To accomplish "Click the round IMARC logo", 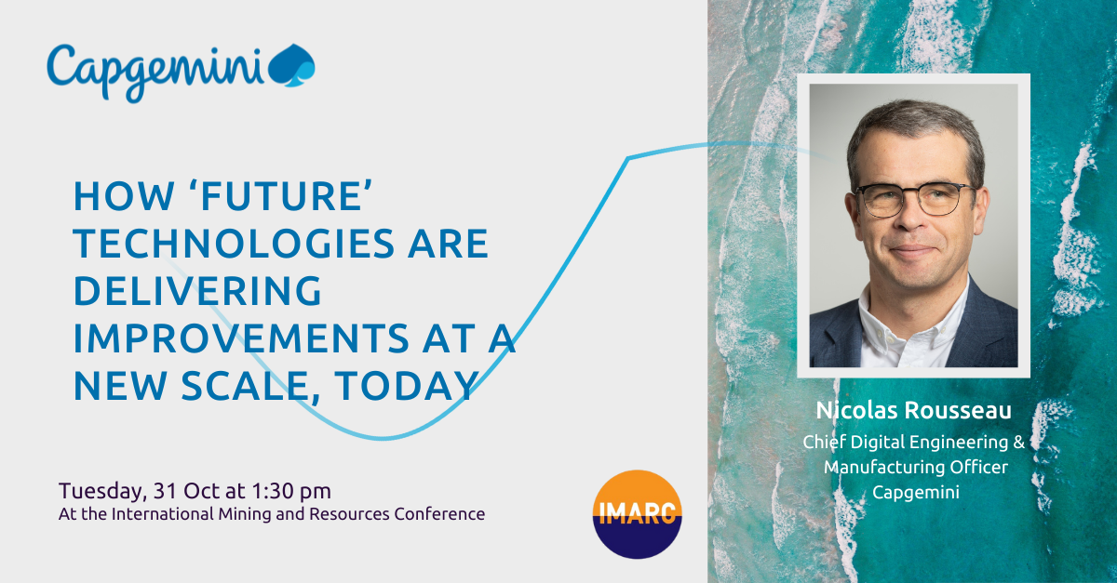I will click(x=638, y=513).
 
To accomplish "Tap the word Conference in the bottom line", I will click(x=440, y=513).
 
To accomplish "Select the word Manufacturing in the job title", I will click(x=880, y=467).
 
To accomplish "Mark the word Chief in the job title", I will click(x=823, y=443).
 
